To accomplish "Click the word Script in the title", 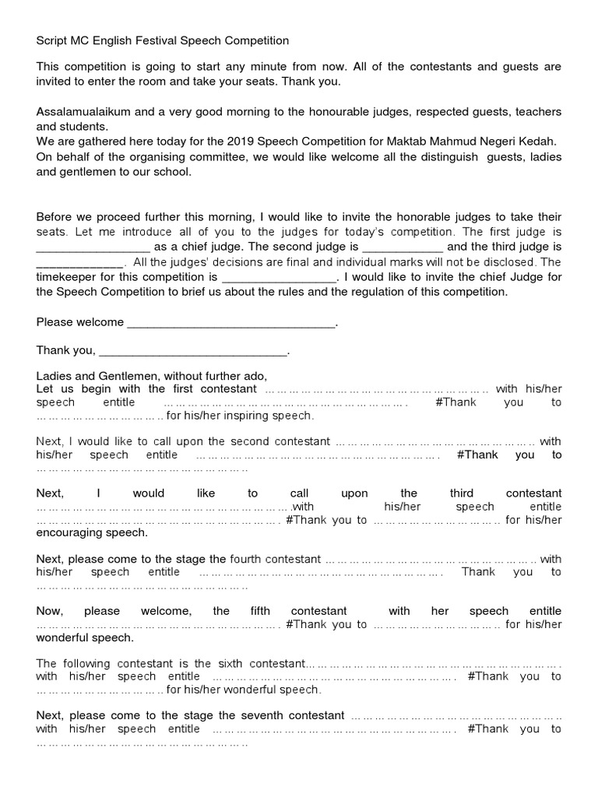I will (x=51, y=40).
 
